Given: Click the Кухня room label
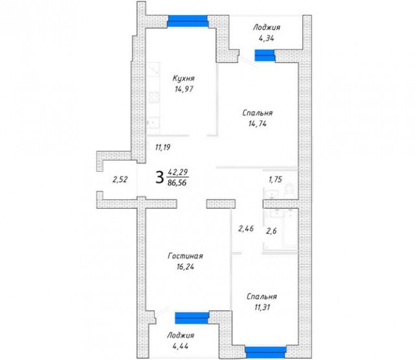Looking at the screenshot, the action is (184, 78).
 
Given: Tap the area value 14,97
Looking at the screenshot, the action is (184, 90).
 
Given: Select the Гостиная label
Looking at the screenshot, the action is (185, 256).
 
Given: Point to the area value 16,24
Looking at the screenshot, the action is (185, 267).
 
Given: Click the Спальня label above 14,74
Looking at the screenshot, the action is (257, 113).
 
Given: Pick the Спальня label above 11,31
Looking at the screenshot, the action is (262, 296).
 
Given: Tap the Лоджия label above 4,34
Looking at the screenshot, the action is (267, 27).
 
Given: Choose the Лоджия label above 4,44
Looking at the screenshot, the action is (181, 335).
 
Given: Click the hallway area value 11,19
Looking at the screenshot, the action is (163, 147).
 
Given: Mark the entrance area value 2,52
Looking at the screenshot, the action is (120, 180).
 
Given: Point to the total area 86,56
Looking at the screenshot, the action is (177, 182).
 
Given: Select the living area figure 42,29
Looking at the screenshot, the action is (178, 173).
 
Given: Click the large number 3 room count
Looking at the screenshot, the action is (160, 177).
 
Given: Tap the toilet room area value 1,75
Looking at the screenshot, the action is (275, 180).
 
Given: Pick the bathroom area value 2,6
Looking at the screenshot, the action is (271, 231).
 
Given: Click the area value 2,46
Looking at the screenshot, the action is (246, 228).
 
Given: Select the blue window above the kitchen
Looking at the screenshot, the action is (187, 21).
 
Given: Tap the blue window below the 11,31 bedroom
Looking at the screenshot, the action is (266, 352).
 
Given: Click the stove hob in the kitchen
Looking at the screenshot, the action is (154, 97).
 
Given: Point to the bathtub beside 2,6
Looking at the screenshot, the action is (290, 230).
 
